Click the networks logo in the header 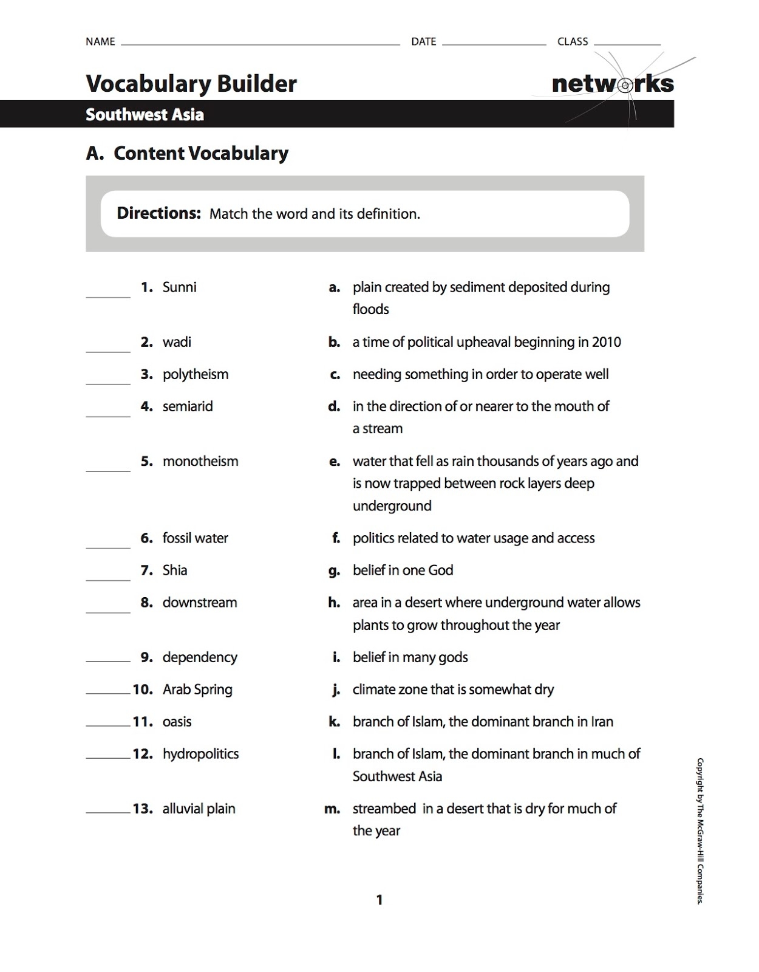coord(612,84)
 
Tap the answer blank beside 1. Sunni coord(108,293)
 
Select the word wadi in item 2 coord(177,342)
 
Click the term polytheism coord(196,374)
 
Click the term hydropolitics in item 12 coord(200,754)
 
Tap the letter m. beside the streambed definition coord(332,809)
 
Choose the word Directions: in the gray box coord(158,213)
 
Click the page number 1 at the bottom coord(379,900)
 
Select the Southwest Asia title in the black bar coord(145,114)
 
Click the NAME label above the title coord(100,42)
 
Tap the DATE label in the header coord(423,42)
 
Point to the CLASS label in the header coord(573,42)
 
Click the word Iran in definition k coord(602,722)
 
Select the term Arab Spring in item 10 coord(197,690)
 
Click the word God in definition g coord(440,570)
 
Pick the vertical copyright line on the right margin coord(699,830)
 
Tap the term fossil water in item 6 coord(195,538)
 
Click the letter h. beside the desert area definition coord(334,603)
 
